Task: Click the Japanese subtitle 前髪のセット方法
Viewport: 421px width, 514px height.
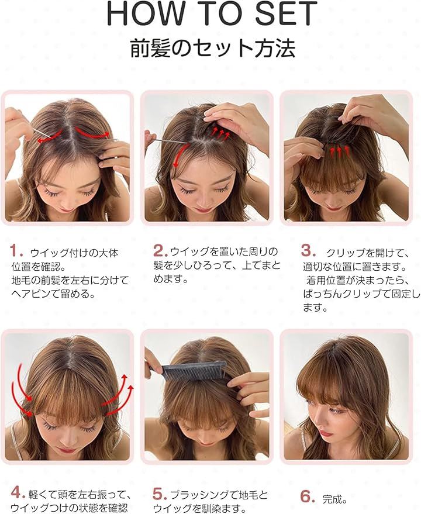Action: (x=213, y=48)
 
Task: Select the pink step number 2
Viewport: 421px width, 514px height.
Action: (x=161, y=251)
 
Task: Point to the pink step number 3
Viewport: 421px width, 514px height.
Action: (x=308, y=251)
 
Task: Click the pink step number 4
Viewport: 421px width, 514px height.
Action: (x=18, y=492)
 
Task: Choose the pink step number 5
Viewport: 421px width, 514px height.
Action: (x=160, y=494)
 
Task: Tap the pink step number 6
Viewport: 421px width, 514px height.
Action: (x=308, y=496)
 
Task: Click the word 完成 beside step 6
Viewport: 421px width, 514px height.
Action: (x=335, y=499)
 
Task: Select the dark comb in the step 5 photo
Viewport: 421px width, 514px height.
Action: (x=194, y=370)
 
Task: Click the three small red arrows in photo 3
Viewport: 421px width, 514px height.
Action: (x=339, y=151)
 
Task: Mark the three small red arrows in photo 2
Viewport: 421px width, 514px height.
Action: (x=220, y=131)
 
